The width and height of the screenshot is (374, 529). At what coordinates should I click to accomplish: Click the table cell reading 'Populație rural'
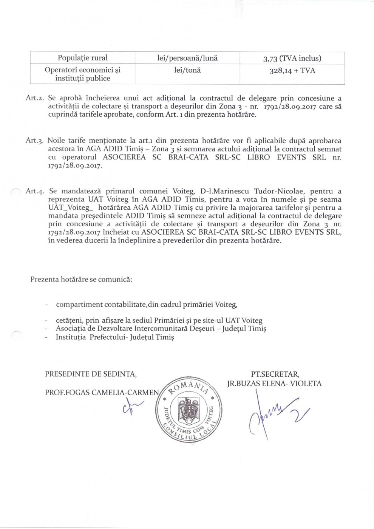tap(82, 58)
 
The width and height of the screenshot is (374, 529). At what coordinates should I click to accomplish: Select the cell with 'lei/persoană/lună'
tap(187, 58)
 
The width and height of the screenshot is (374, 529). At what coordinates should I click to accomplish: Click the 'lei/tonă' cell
tap(187, 70)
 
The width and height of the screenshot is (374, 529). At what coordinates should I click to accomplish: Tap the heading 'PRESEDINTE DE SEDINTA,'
tap(91, 374)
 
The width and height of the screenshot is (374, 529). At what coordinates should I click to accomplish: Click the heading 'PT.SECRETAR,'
tap(275, 374)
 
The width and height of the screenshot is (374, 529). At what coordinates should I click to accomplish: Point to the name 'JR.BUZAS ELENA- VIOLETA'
tap(274, 384)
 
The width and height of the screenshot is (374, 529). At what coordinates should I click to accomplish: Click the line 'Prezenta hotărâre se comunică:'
tap(81, 280)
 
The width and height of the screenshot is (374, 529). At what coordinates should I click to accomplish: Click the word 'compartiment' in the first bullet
tap(79, 304)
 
